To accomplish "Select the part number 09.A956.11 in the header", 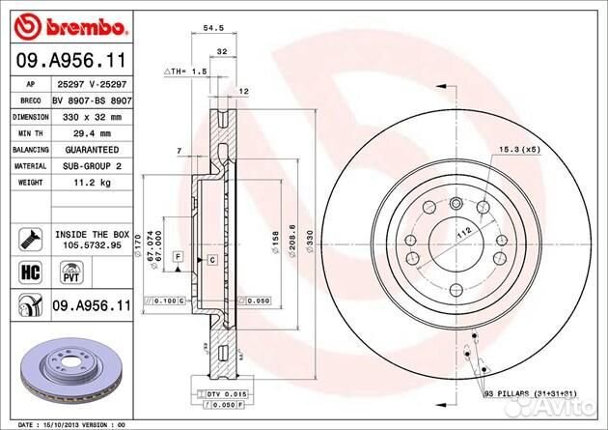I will (69, 60).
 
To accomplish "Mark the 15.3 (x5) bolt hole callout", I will (518, 150).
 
